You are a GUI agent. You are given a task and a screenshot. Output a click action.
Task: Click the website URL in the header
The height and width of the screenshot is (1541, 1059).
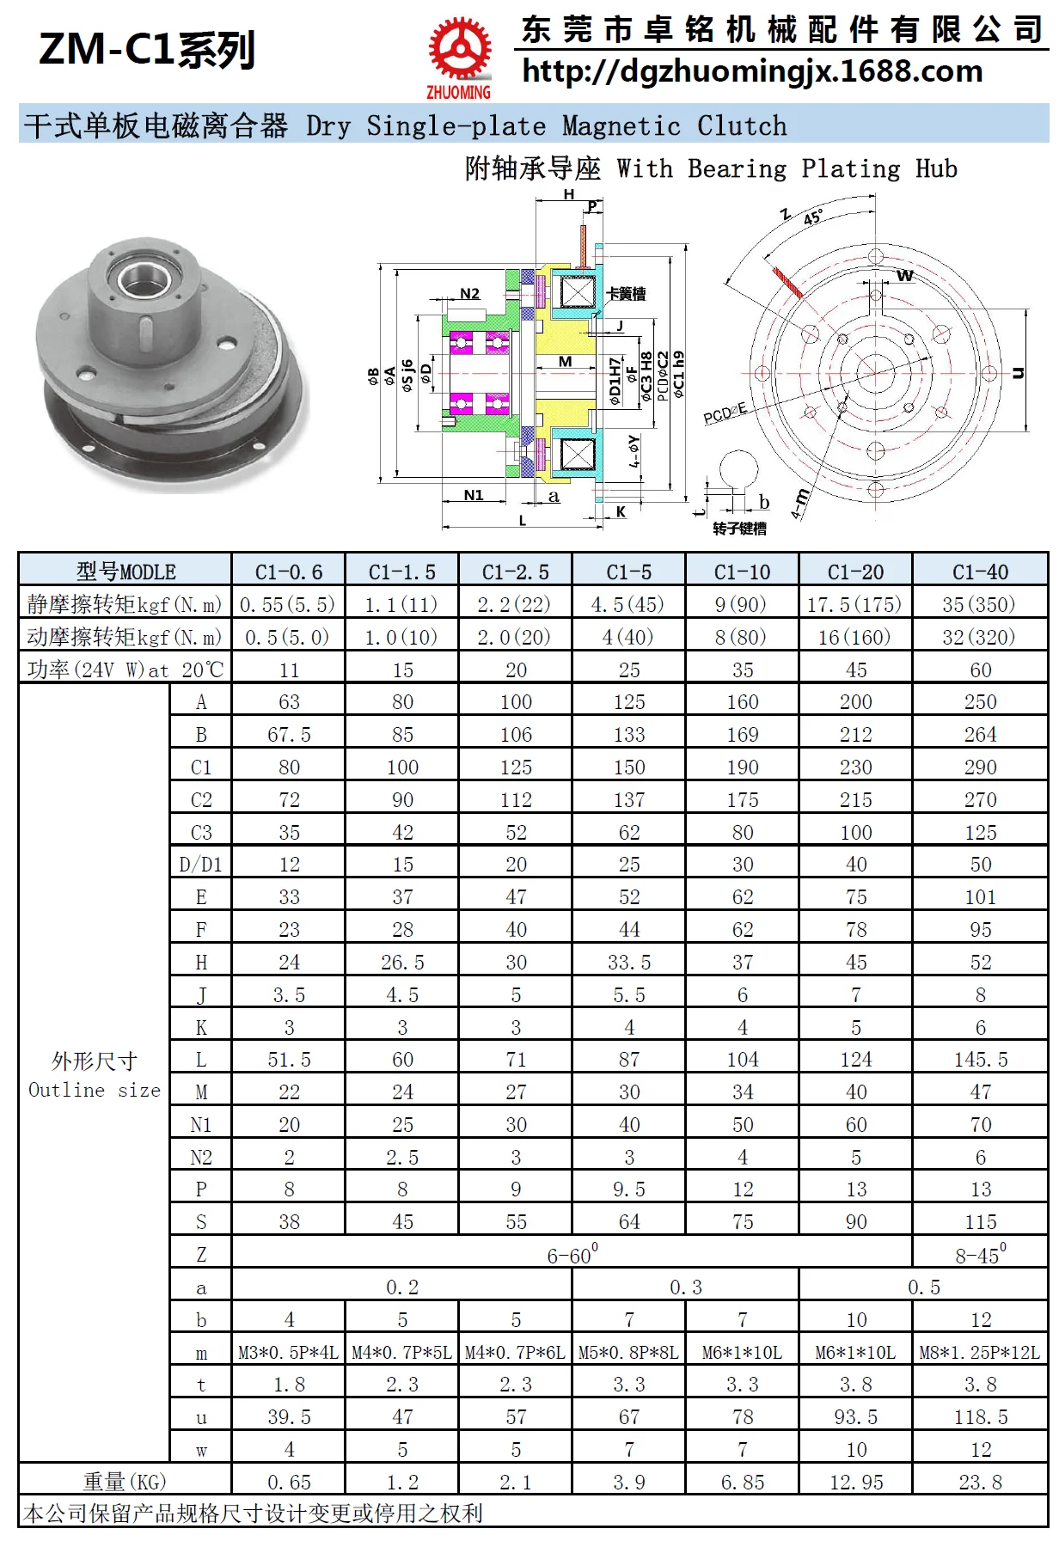(x=752, y=71)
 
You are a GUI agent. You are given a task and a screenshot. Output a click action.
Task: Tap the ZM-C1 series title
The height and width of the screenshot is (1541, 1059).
(x=147, y=49)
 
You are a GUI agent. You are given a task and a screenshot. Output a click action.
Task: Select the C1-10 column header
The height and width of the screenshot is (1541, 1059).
(x=743, y=572)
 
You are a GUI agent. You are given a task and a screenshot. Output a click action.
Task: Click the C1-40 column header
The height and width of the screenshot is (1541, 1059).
(x=980, y=572)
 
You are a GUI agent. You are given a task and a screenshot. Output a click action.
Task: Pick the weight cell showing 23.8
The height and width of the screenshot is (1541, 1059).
(x=980, y=1482)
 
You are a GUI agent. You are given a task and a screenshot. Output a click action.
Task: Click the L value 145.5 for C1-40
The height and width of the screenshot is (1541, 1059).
(x=980, y=1060)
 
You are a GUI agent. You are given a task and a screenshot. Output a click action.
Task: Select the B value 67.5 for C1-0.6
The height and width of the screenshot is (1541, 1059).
(x=289, y=735)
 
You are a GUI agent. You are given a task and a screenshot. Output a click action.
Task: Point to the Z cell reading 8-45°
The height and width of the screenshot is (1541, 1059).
(x=980, y=1255)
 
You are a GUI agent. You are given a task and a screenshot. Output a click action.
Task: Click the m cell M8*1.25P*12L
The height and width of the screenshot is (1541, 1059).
(x=980, y=1353)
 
